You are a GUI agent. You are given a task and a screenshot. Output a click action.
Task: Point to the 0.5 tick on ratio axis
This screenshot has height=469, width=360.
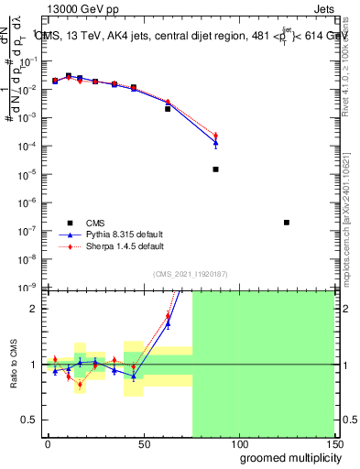click(x=31, y=420)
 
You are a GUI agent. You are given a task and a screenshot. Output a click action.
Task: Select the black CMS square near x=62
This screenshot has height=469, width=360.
click(x=168, y=109)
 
